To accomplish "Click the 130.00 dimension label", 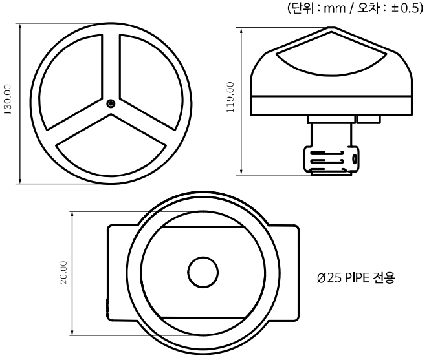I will (8, 103).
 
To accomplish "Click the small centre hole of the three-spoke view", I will (111, 103).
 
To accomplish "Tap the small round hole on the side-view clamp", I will (354, 159).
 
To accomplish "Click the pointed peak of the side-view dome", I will (331, 30).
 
